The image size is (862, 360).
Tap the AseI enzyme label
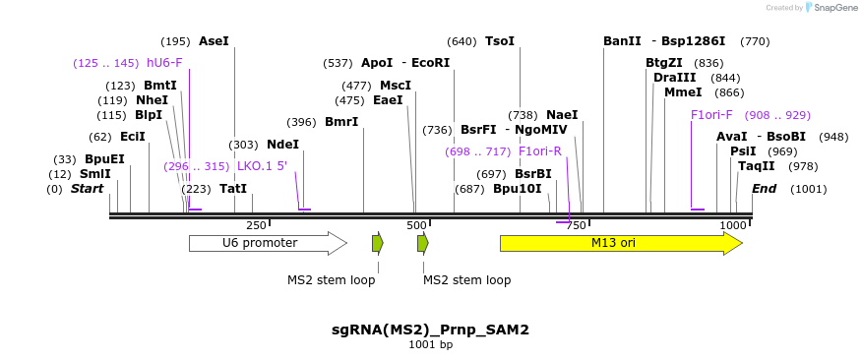coord(214,41)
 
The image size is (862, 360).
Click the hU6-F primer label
coord(164,63)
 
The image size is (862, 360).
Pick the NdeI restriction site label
coord(282,145)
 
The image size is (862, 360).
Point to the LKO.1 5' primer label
coord(262,166)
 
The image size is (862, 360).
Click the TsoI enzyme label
coord(499,41)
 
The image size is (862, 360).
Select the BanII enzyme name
coord(622,41)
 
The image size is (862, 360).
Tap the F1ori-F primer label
coord(711,115)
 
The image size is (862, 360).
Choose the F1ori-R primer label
coord(539,151)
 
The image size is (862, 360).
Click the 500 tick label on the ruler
coord(416,225)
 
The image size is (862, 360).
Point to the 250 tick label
coord(256,225)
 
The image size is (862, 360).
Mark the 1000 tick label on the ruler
coord(733,225)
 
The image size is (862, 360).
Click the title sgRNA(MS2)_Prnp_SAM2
coord(430,330)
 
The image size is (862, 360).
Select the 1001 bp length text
coord(430,345)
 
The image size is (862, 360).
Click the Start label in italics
coord(87,189)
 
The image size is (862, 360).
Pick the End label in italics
coord(765,189)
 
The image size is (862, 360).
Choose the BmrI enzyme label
coord(341,122)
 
